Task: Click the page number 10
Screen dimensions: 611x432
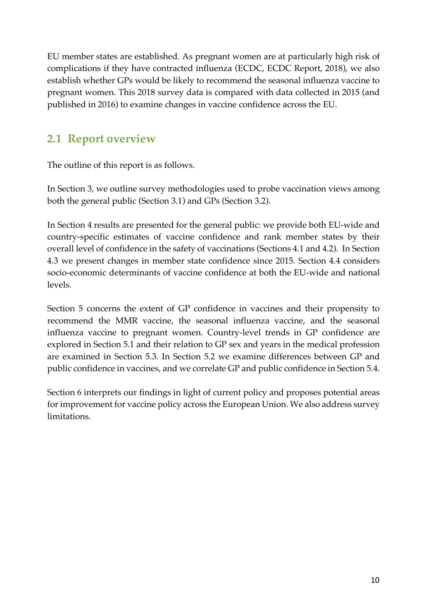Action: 375,580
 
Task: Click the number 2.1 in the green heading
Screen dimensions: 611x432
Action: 54,139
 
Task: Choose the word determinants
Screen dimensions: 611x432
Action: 142,273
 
